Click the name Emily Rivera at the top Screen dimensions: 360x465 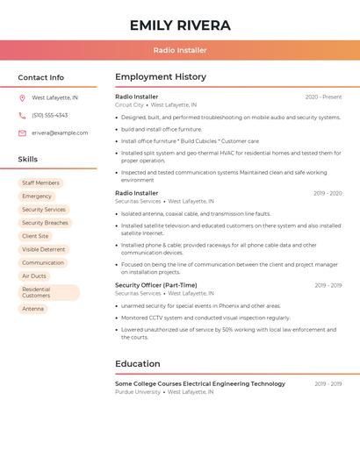click(x=180, y=25)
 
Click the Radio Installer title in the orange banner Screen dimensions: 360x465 click(x=180, y=51)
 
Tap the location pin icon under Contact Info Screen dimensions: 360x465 click(x=22, y=97)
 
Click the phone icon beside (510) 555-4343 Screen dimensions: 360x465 click(x=22, y=115)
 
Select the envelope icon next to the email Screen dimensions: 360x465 click(x=22, y=132)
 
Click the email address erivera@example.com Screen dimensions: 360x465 click(x=60, y=132)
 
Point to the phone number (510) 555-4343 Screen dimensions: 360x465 click(x=50, y=115)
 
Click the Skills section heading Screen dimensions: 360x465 click(x=28, y=159)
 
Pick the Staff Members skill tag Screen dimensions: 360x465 click(x=40, y=182)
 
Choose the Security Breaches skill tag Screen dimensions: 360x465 click(x=45, y=223)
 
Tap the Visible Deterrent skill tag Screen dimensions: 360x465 click(x=44, y=249)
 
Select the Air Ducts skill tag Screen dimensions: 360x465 click(x=34, y=275)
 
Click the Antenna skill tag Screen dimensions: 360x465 click(x=33, y=309)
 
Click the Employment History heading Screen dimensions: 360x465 click(x=161, y=77)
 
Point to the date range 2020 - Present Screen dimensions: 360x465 click(x=323, y=97)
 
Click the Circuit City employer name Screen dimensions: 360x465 click(x=129, y=104)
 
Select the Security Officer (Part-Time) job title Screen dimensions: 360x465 click(x=156, y=285)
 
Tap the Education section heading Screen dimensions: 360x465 click(x=138, y=363)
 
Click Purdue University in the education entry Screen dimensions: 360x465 click(x=138, y=392)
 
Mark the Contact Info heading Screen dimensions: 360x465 click(x=41, y=77)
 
